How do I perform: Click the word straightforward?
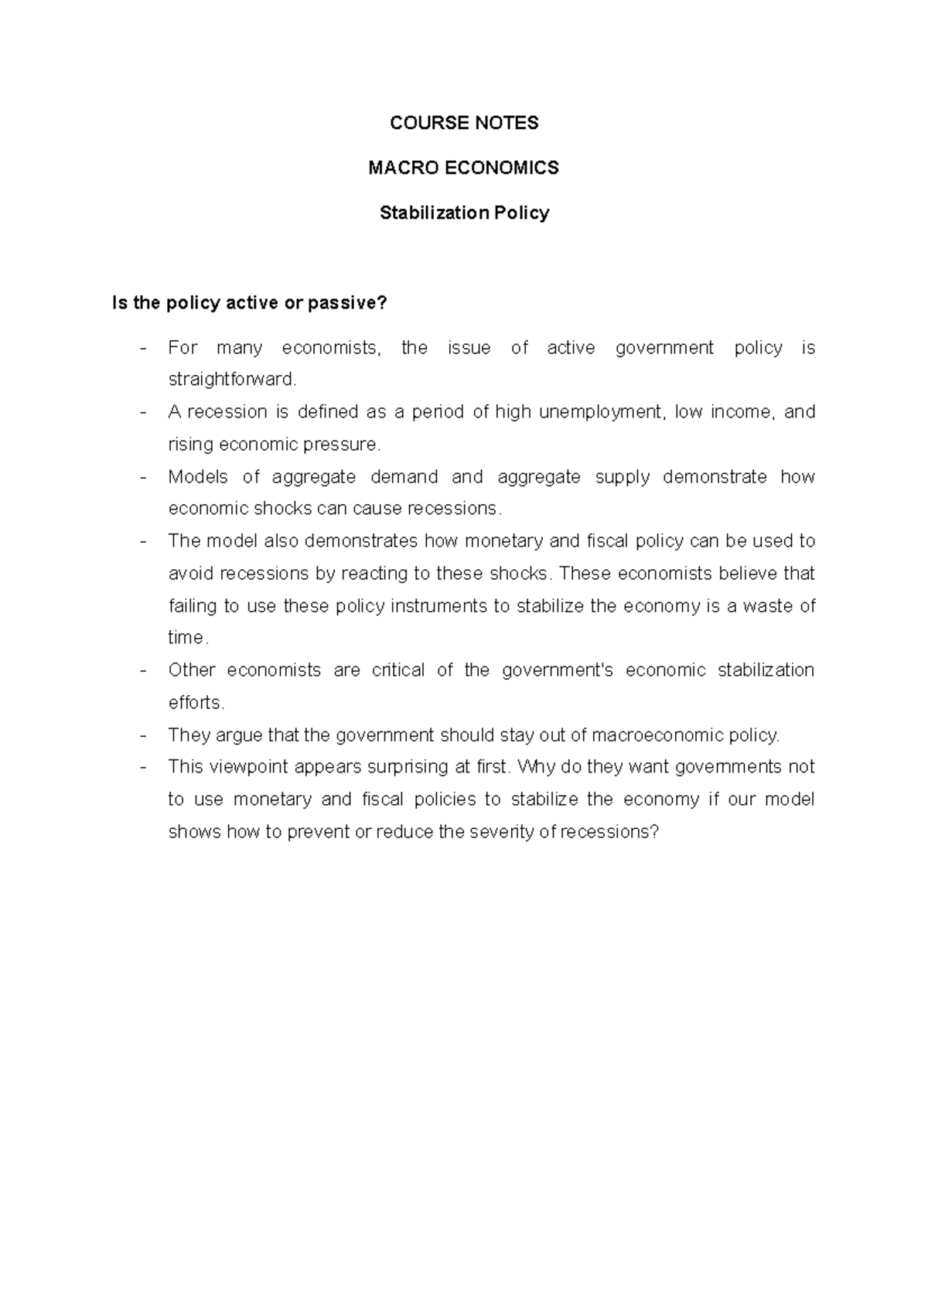click(x=232, y=380)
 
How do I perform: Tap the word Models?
click(x=198, y=477)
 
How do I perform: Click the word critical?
click(x=398, y=670)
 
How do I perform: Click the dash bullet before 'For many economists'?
click(x=144, y=349)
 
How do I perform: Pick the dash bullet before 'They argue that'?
click(x=144, y=735)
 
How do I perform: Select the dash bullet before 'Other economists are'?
click(x=144, y=670)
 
